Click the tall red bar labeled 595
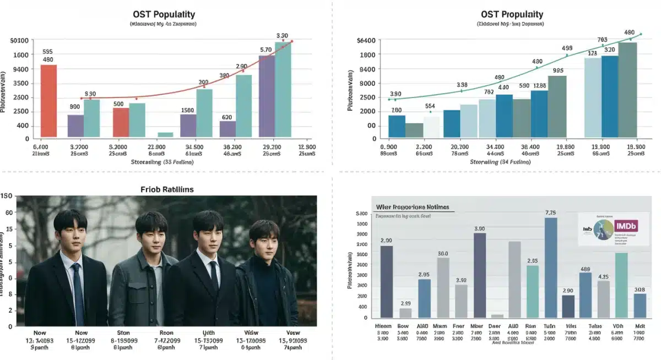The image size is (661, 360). click(x=48, y=101)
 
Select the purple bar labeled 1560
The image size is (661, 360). click(x=188, y=126)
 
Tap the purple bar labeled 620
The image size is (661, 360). click(x=227, y=129)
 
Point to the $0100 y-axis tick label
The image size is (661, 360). click(x=19, y=41)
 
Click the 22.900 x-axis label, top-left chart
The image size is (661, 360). click(x=157, y=148)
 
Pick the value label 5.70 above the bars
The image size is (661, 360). click(x=266, y=50)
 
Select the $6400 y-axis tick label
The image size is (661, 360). click(x=366, y=41)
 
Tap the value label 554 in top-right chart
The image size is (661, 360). click(x=430, y=106)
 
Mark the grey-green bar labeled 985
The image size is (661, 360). click(x=557, y=106)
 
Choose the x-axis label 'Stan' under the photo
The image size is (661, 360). click(x=123, y=332)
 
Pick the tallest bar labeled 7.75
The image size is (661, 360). click(x=551, y=267)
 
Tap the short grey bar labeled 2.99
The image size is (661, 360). click(x=405, y=313)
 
